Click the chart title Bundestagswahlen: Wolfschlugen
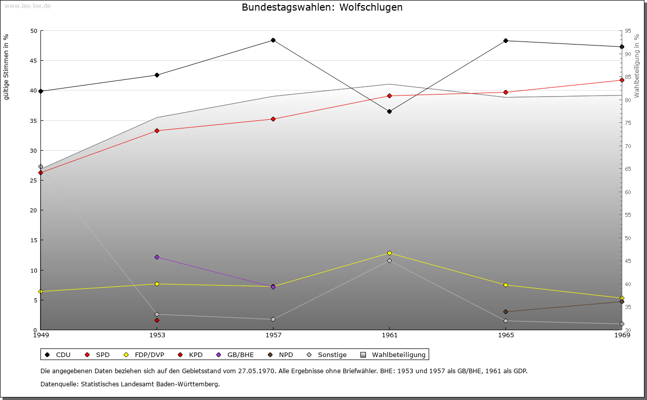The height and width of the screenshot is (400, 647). pos(322,8)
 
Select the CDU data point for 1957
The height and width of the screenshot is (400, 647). pos(273,40)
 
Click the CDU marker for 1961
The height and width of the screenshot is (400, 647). pos(389,111)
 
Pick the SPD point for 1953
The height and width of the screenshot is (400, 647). pos(157,130)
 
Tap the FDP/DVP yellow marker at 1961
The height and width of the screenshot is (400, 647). pos(389,253)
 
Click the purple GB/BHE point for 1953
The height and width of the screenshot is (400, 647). pos(157,257)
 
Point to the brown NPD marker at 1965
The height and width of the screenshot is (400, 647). pos(505,312)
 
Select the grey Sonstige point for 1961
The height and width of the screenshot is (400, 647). pos(389,260)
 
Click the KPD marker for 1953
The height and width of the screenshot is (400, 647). pos(157,320)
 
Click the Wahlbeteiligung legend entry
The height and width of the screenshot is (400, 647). pos(394,355)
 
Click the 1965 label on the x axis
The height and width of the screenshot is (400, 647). pos(505,335)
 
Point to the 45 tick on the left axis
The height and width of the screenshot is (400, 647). pos(34,61)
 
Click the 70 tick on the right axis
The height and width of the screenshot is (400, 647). pos(628,146)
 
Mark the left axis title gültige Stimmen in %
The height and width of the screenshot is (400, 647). pos(6,67)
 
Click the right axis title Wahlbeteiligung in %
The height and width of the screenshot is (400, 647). pos(636,66)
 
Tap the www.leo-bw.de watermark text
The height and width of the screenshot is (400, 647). pos(27,6)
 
